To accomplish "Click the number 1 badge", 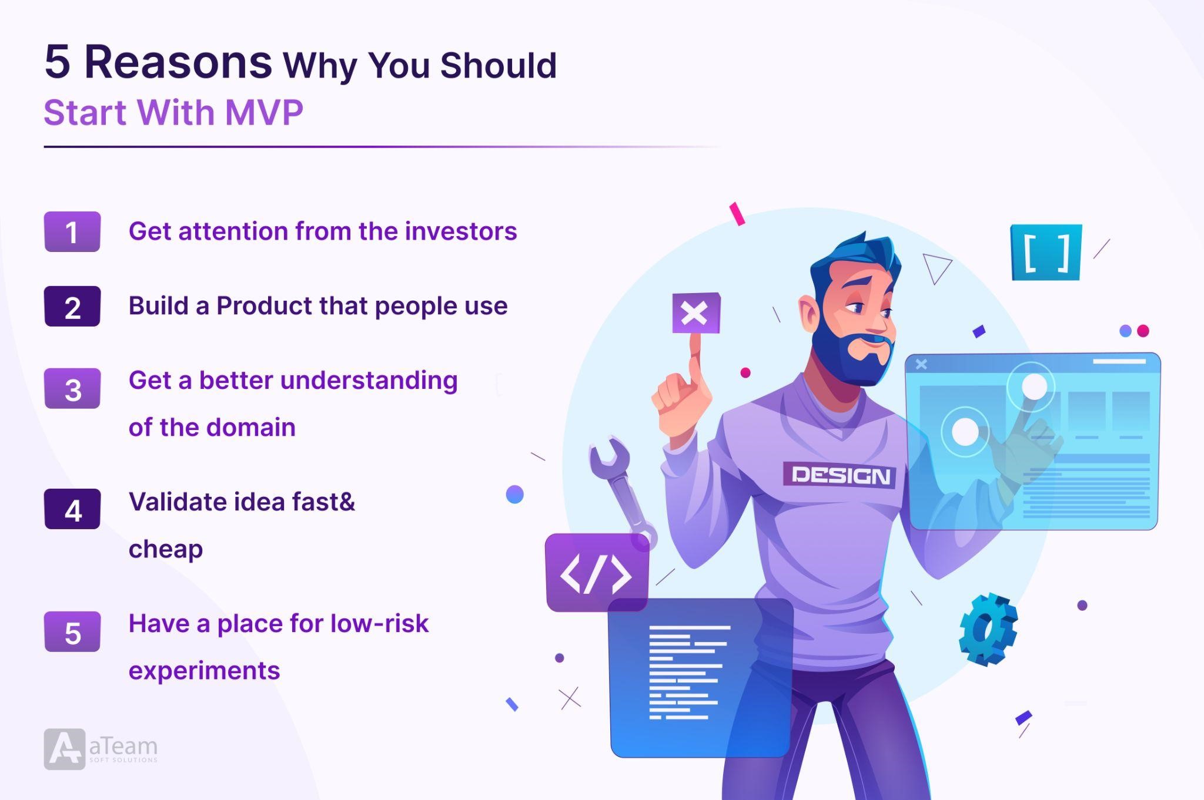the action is [x=72, y=231].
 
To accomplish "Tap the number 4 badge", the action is [x=72, y=509].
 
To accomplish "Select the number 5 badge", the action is [x=72, y=631].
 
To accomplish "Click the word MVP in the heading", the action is [x=264, y=112].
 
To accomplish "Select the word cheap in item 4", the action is [x=166, y=550].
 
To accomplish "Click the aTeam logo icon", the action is [x=64, y=749].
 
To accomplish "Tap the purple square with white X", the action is [x=696, y=312].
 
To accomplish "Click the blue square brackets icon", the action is [x=1046, y=252].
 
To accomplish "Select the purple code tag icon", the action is [x=597, y=572].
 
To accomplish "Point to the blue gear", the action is [x=988, y=629].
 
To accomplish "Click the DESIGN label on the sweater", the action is [x=840, y=475].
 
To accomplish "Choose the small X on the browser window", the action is [x=921, y=364].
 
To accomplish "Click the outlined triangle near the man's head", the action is [x=936, y=268].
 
